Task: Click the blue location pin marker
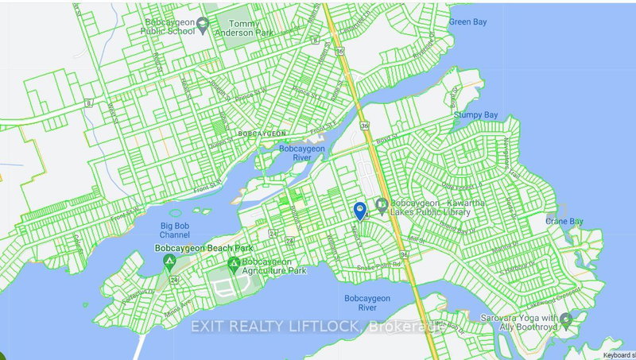pyautogui.click(x=360, y=211)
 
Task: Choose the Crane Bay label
pyautogui.click(x=565, y=221)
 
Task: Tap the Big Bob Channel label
pyautogui.click(x=174, y=230)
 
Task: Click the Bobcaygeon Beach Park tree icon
pyautogui.click(x=169, y=263)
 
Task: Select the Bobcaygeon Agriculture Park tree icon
pyautogui.click(x=233, y=263)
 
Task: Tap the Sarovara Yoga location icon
pyautogui.click(x=565, y=320)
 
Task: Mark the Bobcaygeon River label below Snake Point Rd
pyautogui.click(x=366, y=304)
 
